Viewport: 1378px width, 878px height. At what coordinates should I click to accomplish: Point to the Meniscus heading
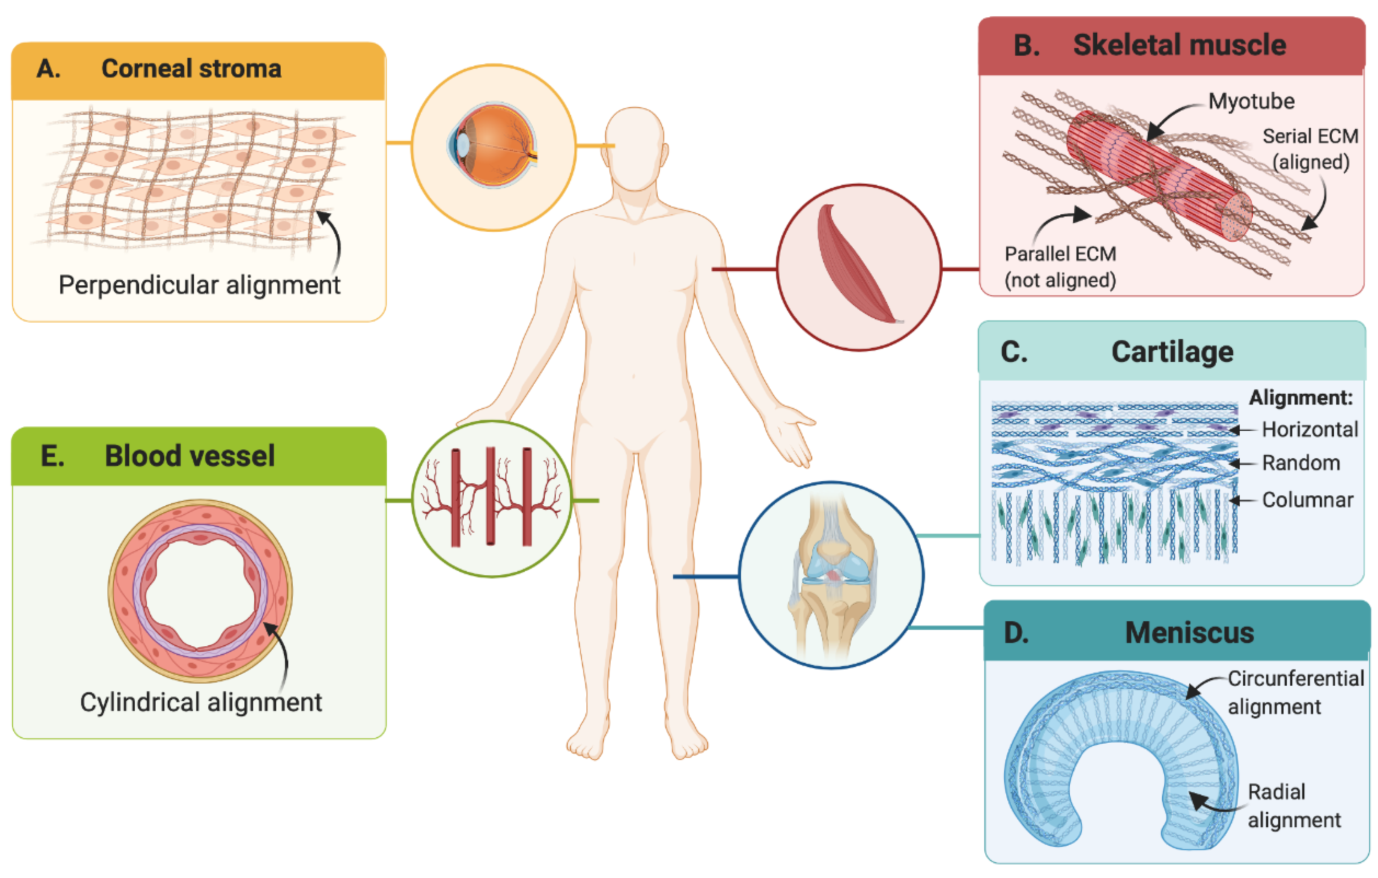(1189, 632)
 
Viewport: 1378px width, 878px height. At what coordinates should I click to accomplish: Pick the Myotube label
(1251, 101)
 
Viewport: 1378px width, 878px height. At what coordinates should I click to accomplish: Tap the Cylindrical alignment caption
(201, 702)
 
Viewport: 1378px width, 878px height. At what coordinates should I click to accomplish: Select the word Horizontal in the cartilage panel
(1310, 429)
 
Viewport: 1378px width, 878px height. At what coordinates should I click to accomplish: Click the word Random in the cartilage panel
(1301, 463)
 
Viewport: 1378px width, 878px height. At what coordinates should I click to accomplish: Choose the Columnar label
(1308, 500)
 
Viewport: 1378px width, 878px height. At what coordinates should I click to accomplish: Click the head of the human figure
(635, 149)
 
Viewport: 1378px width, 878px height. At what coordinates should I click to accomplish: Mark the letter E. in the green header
(53, 456)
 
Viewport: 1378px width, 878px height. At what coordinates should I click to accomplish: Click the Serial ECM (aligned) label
(1310, 149)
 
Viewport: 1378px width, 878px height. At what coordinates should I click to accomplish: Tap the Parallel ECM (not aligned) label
(1060, 267)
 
